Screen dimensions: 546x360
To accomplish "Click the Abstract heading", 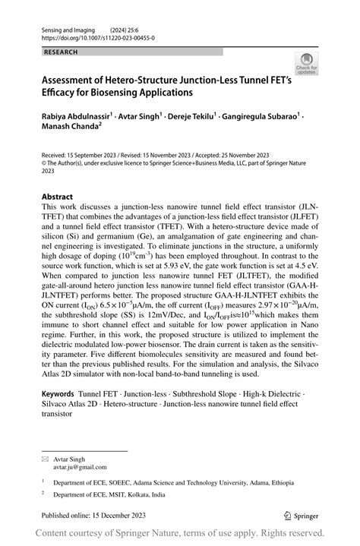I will click(58, 195).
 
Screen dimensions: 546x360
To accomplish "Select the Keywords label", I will click(58, 395).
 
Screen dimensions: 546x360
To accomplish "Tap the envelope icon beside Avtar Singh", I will click(46, 459).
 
